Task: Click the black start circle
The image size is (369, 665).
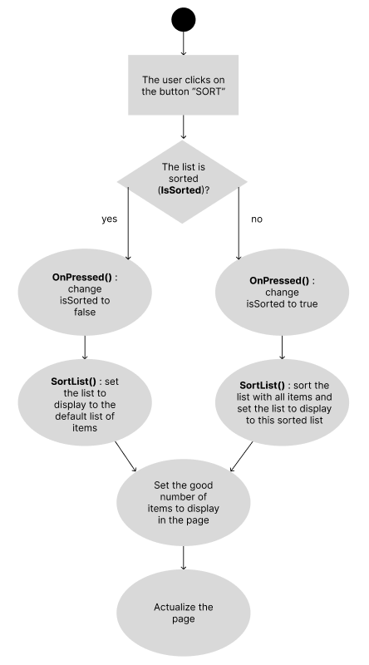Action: coord(183,19)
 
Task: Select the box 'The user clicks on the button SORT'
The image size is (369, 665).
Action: coord(183,85)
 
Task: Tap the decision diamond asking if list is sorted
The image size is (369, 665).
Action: coord(182,182)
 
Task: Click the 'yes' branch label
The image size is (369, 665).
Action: coord(109,219)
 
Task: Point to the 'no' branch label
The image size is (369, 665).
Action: coord(257,219)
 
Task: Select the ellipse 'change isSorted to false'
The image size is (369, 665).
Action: coord(85,293)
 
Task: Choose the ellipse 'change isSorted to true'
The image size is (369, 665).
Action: coord(282,293)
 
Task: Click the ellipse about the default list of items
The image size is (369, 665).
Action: coord(85,402)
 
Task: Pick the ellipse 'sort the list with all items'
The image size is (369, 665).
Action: coord(282,402)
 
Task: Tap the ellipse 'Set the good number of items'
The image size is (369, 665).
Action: coord(183,503)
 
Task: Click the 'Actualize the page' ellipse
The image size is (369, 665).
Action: coord(183,613)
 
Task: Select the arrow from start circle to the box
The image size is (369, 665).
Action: coord(183,43)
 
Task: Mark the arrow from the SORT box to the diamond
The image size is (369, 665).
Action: coord(183,127)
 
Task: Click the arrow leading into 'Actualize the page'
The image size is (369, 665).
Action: coord(183,558)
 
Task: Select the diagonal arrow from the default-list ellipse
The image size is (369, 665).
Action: coord(125,456)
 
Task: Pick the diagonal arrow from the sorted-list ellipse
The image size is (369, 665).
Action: coord(241,456)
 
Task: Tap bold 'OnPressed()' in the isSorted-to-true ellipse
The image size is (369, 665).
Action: coord(279,281)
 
